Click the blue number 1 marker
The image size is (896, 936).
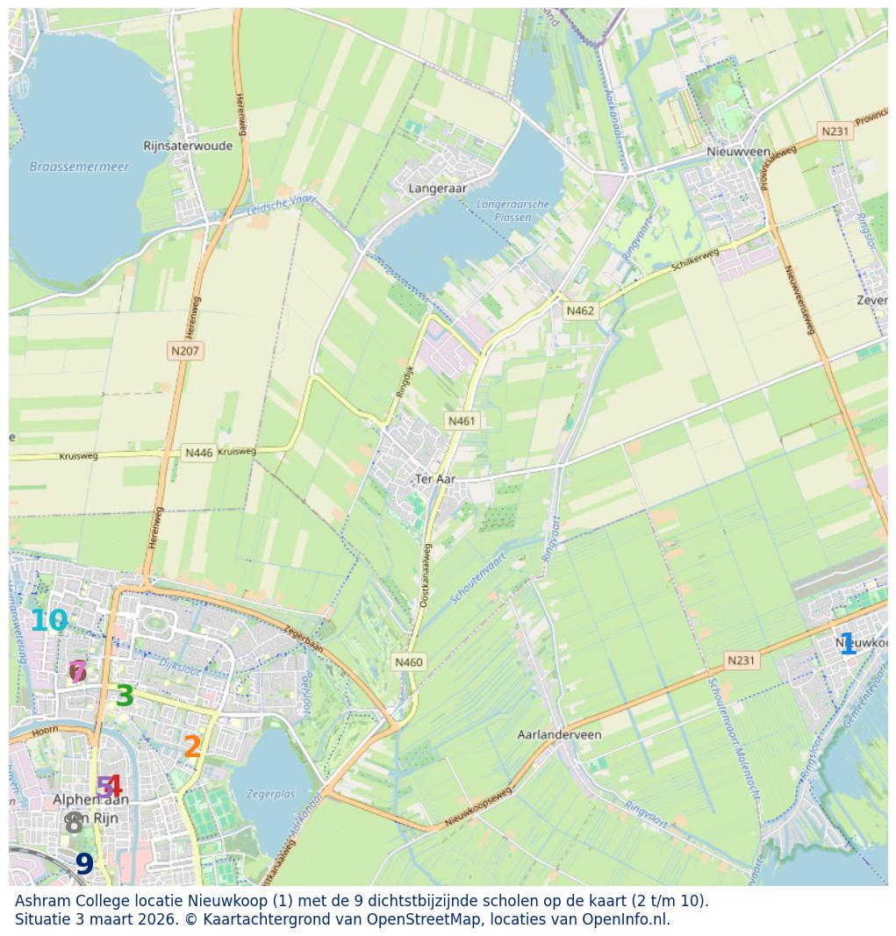pos(847,645)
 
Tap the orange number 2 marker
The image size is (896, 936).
pos(192,747)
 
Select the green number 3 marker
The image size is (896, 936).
pos(125,697)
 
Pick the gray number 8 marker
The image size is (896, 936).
pos(74,824)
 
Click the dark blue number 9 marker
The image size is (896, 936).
pos(84,865)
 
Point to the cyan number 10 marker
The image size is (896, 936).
pos(48,621)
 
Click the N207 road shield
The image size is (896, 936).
pos(185,351)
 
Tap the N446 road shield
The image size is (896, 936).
pos(198,453)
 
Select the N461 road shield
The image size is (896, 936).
pos(462,421)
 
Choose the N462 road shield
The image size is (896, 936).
pos(580,311)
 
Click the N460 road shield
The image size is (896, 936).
pos(409,662)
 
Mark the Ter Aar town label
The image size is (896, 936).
pos(434,479)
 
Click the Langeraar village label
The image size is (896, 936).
pos(438,188)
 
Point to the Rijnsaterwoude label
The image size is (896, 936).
pos(189,146)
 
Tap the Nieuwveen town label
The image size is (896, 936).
pos(738,152)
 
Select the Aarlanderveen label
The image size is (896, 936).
pos(560,734)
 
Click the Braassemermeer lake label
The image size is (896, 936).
pos(79,167)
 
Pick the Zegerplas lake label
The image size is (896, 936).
pos(270,794)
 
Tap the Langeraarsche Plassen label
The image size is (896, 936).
pos(513,211)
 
